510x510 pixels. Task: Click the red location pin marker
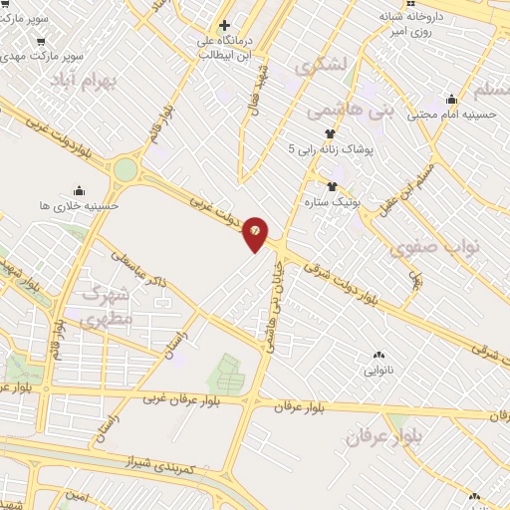[256, 232]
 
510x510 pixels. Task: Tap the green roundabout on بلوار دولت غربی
[126, 169]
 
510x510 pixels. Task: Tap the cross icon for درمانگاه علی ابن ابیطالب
[224, 25]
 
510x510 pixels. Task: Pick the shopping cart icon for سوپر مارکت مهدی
[40, 42]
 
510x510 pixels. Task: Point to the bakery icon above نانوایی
[378, 355]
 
